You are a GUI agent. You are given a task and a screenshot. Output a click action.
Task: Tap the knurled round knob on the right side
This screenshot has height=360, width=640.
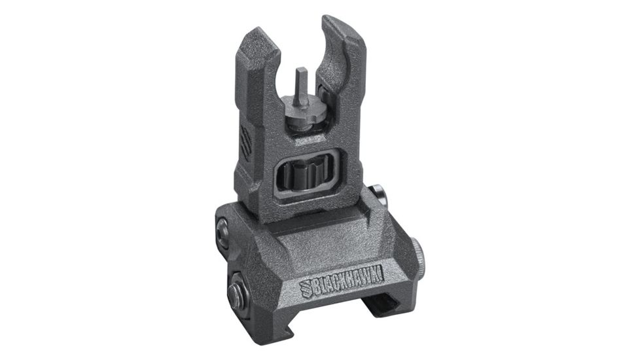[x=416, y=252]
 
